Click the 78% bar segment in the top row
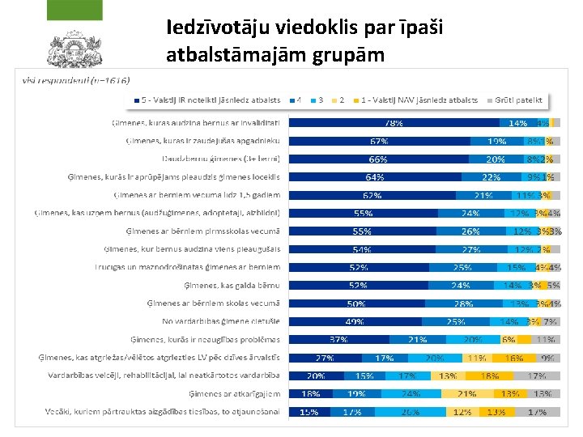(x=394, y=123)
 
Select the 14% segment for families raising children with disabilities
(x=518, y=123)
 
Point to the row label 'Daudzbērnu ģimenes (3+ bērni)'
(x=221, y=159)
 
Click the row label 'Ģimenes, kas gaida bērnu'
(x=236, y=285)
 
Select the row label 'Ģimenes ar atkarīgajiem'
(x=235, y=394)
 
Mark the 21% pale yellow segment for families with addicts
(x=468, y=394)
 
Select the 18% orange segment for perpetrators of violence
(x=489, y=375)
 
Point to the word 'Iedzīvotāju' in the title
(x=212, y=28)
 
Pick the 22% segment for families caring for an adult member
(x=491, y=177)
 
